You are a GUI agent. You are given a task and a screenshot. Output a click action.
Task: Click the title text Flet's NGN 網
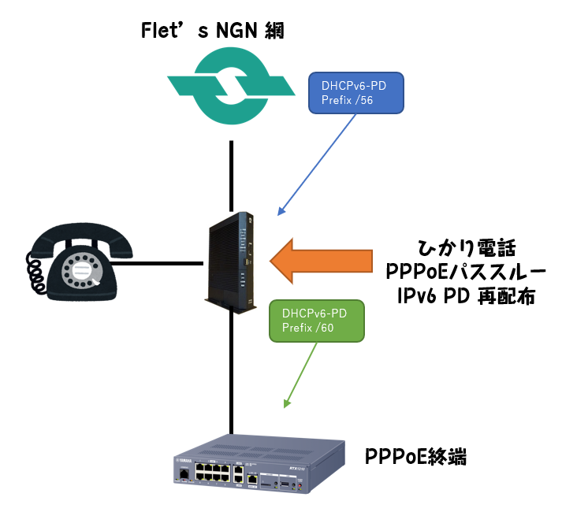point(211,31)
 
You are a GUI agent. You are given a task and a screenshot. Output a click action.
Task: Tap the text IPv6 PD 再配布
point(467,296)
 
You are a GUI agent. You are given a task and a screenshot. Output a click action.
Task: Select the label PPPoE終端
point(416,456)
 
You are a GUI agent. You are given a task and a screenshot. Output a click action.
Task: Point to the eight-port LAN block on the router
point(214,473)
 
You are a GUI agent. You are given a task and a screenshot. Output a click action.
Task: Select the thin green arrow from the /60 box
point(303,374)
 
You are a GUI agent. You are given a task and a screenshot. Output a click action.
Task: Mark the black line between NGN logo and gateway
point(232,173)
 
